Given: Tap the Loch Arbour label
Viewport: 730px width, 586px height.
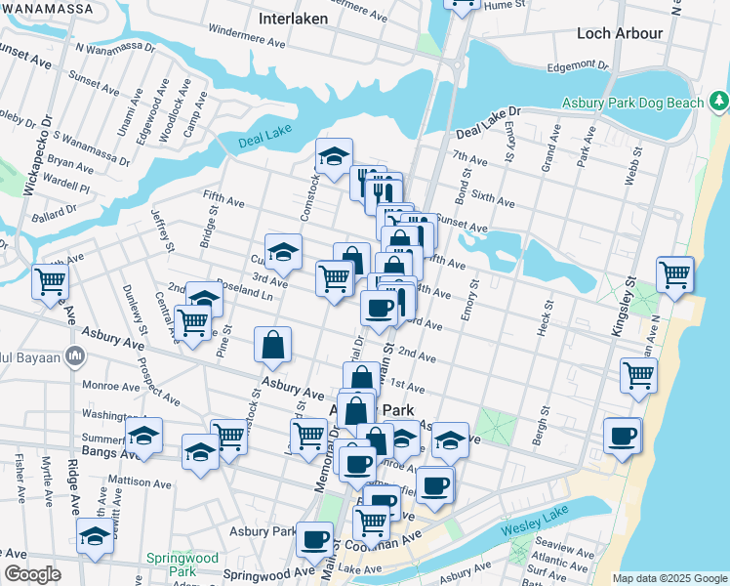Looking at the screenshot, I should pyautogui.click(x=620, y=33).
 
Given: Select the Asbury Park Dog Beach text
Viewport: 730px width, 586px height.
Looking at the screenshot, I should pyautogui.click(x=631, y=103).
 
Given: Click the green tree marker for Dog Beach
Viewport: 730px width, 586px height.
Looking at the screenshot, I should pyautogui.click(x=719, y=100).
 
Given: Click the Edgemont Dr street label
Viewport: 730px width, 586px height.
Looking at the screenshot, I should pyautogui.click(x=576, y=66).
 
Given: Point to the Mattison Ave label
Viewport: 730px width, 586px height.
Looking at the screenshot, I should pyautogui.click(x=140, y=481).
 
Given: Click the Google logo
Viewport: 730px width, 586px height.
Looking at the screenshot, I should pyautogui.click(x=32, y=574).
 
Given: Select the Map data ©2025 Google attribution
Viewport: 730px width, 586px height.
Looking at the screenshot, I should pyautogui.click(x=669, y=578).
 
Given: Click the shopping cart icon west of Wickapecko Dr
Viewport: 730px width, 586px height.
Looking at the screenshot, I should pyautogui.click(x=50, y=282).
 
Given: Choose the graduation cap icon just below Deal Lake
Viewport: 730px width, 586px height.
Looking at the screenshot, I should pyautogui.click(x=334, y=155).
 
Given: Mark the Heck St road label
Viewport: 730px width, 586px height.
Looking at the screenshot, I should pyautogui.click(x=544, y=319).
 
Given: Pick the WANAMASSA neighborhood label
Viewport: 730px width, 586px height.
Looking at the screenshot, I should pyautogui.click(x=47, y=9).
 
